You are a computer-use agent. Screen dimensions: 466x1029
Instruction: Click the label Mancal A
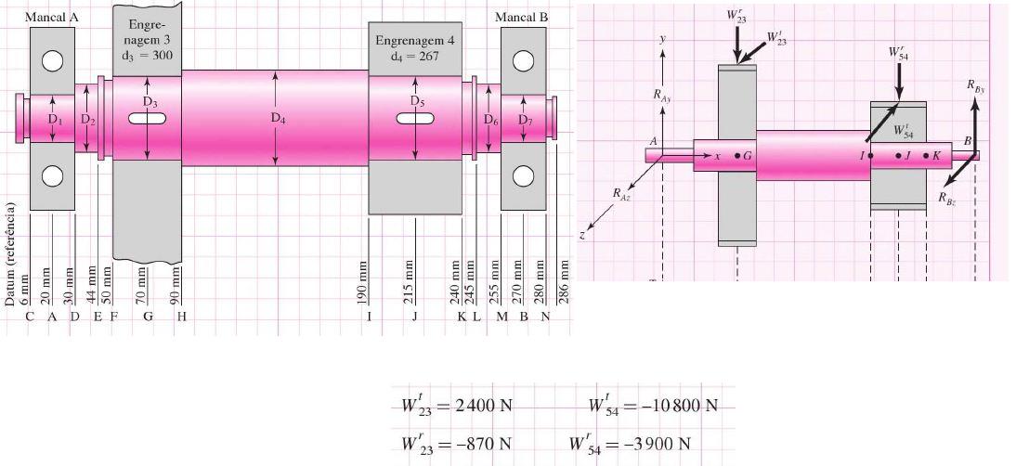point(52,18)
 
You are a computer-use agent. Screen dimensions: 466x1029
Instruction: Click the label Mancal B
point(521,18)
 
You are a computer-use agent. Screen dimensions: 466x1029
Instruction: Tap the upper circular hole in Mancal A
point(52,60)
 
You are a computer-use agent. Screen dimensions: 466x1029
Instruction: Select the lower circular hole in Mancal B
point(524,175)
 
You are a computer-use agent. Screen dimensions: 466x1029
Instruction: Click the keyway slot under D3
point(148,118)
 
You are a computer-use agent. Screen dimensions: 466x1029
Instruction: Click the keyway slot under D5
point(415,118)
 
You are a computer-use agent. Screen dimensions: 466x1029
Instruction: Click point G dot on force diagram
point(737,156)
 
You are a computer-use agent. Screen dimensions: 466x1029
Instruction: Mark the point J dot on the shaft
point(898,156)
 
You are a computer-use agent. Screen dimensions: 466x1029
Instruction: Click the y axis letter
point(662,41)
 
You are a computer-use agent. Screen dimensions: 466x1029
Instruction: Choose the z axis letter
point(582,236)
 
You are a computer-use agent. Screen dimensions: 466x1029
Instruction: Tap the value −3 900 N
point(657,442)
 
